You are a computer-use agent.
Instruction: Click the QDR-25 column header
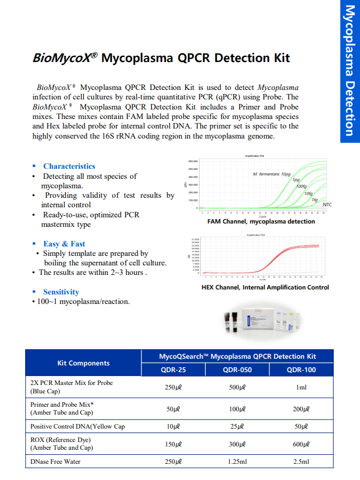point(173,369)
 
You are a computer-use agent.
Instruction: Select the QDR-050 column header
point(237,369)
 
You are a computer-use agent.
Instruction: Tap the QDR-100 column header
point(301,369)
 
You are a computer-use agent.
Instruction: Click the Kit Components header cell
point(84,363)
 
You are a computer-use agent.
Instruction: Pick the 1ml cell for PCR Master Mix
point(301,387)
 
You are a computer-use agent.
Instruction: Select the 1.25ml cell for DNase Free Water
point(237,462)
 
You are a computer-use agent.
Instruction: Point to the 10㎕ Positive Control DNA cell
point(173,426)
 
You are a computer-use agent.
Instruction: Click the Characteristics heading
point(69,166)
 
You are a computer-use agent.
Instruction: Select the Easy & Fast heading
point(64,244)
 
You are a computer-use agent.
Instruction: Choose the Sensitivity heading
point(61,292)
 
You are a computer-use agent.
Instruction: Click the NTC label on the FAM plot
point(327,205)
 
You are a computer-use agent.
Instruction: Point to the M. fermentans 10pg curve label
point(271,174)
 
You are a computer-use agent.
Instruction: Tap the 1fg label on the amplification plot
point(314,199)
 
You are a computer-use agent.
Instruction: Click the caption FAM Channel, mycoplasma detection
point(261,221)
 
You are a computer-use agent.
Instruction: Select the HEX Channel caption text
point(265,287)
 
